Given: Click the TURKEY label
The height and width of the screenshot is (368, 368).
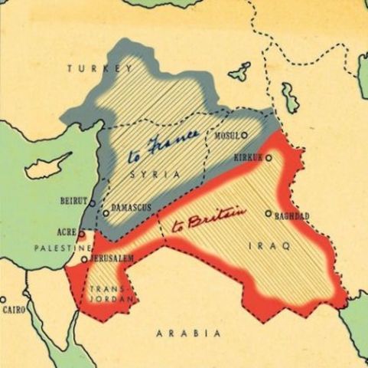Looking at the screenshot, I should click(96, 69).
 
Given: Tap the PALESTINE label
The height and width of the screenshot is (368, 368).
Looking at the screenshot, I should click(61, 249).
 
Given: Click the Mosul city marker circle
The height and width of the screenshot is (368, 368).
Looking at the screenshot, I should click(244, 134).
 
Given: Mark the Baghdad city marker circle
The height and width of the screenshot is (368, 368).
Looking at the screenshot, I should click(268, 214).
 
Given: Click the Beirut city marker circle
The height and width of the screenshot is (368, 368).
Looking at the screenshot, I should click(93, 203).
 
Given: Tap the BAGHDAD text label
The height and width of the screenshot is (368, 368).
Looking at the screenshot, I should click(291, 216).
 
